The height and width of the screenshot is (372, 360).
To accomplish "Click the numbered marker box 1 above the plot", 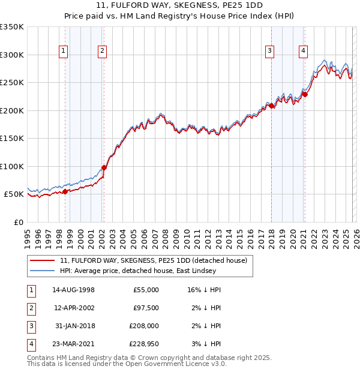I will pos(64,52).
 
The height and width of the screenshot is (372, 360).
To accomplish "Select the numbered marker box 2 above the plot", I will pos(103,52).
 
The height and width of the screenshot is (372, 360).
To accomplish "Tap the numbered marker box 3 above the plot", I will pos(270,52).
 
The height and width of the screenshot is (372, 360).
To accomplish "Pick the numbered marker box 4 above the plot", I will pos(304,52).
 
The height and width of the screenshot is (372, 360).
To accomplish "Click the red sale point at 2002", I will pos(104,168).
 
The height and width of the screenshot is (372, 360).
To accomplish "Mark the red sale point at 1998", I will pos(65,191).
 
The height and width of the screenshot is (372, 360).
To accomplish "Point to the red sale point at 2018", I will pos(271,106).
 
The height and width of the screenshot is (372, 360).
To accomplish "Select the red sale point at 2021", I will pos(305,94).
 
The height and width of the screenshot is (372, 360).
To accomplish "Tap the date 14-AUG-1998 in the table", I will pos(74,290).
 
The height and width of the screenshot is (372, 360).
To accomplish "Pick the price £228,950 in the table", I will pos(142,344).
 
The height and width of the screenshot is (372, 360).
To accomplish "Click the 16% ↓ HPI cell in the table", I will pos(204,290).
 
